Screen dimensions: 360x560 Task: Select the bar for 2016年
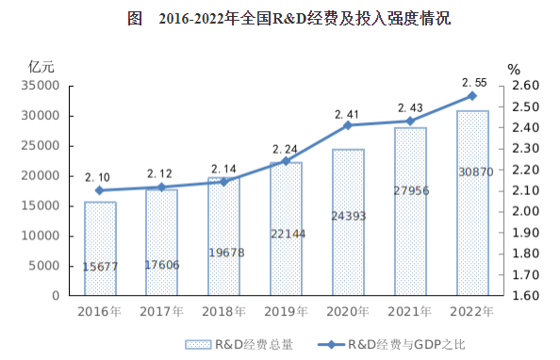pyautogui.click(x=100, y=248)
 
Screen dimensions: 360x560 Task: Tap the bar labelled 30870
pyautogui.click(x=472, y=203)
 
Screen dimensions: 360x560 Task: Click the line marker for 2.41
pyautogui.click(x=348, y=125)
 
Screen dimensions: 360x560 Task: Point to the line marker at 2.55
pyautogui.click(x=472, y=96)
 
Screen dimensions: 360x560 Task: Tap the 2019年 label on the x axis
pyautogui.click(x=287, y=311)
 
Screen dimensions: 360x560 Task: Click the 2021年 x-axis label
pyautogui.click(x=411, y=311)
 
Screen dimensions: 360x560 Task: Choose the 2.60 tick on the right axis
pyautogui.click(x=523, y=86)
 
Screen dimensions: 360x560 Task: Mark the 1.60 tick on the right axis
pyautogui.click(x=523, y=296)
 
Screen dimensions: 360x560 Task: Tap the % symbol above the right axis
pyautogui.click(x=514, y=69)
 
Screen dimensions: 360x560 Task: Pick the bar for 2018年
pyautogui.click(x=224, y=237)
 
